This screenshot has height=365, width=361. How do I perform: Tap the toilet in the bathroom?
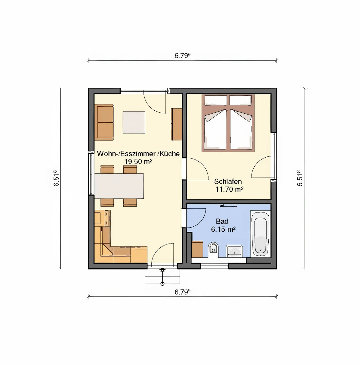[213, 250]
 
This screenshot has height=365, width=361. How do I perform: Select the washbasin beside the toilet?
[234, 251]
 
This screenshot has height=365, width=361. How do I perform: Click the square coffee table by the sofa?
[134, 122]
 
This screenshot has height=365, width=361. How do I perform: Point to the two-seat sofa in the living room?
[105, 122]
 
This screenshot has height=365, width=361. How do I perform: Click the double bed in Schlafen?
[228, 123]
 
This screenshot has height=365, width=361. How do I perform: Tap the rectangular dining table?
[119, 186]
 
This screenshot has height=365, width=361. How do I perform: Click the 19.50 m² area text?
[138, 162]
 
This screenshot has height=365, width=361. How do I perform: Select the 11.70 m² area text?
[229, 189]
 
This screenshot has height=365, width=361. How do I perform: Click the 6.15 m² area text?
[223, 229]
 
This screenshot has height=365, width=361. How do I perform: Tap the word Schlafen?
[228, 181]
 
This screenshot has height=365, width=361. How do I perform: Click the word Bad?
[222, 221]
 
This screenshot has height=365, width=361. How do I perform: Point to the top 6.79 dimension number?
[182, 55]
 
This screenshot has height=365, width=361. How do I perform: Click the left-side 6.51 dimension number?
[56, 178]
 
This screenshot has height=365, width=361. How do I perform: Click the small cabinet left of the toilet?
[197, 249]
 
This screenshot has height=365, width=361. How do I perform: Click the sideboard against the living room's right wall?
[177, 124]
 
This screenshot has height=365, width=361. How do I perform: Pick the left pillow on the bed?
[216, 100]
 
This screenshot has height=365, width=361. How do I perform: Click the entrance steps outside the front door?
[162, 276]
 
